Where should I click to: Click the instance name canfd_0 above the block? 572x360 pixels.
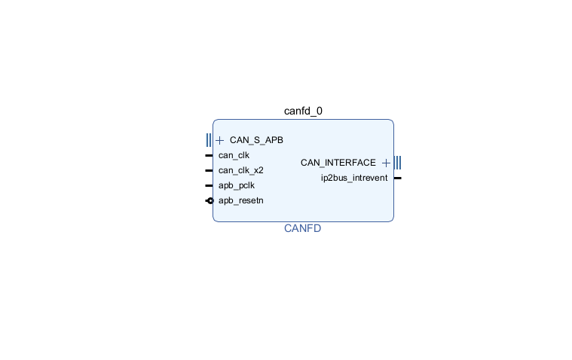[303, 111]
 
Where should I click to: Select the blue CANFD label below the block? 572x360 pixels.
[302, 228]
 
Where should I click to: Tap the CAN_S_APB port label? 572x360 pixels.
[256, 140]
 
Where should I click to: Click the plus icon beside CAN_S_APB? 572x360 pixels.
[220, 140]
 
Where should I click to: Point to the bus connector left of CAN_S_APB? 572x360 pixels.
[209, 140]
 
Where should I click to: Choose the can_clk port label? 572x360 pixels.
[234, 155]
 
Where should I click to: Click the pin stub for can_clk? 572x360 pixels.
[209, 155]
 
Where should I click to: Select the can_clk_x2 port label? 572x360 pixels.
[240, 170]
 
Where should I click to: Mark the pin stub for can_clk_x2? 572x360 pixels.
[209, 170]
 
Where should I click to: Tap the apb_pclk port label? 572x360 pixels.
[237, 185]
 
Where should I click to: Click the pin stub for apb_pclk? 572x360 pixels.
[209, 185]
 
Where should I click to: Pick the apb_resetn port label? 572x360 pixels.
[240, 200]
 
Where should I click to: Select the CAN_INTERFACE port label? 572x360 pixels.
[338, 163]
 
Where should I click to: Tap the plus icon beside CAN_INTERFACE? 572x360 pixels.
[386, 163]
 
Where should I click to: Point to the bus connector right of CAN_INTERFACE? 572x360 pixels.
[397, 163]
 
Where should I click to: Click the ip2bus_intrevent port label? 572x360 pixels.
[354, 178]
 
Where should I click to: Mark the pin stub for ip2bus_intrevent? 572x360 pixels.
[397, 178]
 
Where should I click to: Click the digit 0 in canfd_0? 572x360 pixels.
[319, 111]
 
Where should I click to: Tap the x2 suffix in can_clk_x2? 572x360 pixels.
[258, 170]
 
